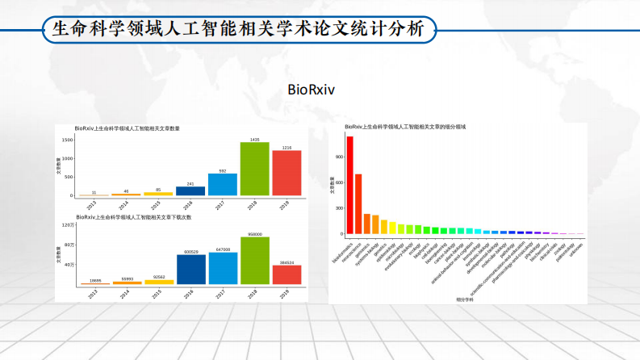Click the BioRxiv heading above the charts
coord(310,90)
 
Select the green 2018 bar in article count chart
coord(255,170)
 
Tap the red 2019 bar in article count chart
coord(287,174)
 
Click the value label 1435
coord(255,140)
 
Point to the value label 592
coord(223,171)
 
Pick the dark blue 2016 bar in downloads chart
coord(191,270)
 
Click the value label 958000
coord(255,234)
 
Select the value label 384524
coord(287,262)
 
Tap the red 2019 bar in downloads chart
coord(287,274)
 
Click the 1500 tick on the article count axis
coord(68,140)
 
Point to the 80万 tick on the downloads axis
coord(69,245)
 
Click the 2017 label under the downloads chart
coord(223,293)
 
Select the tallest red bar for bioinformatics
coord(349,185)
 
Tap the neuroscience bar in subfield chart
coord(358,203)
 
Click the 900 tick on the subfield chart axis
coord(340,156)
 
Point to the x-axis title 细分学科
coord(465,299)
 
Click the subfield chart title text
coord(405,128)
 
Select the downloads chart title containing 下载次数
coord(133,217)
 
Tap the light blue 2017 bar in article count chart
coord(223,185)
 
